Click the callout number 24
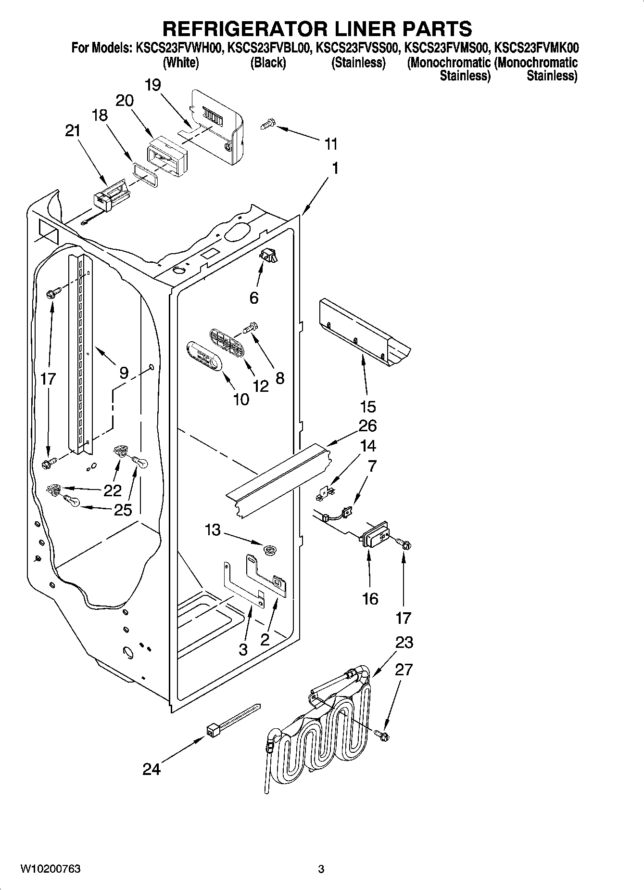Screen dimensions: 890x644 (x=151, y=769)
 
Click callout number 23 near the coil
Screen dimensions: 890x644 (x=404, y=642)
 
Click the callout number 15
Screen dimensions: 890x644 (x=367, y=406)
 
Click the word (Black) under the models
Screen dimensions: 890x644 (x=268, y=63)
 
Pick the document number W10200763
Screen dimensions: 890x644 (x=50, y=869)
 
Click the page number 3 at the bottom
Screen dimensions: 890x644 (x=321, y=869)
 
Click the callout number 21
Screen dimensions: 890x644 (x=73, y=131)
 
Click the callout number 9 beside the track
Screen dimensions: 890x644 (x=124, y=372)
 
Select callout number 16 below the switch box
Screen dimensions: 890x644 (x=370, y=598)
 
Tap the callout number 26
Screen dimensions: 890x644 (x=367, y=426)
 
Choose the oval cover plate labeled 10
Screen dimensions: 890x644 (x=203, y=356)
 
